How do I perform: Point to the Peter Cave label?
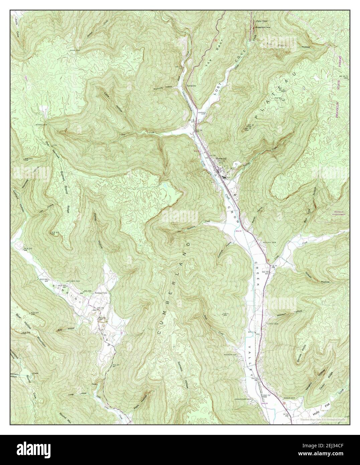(261, 21)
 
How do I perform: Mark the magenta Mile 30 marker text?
(238, 230)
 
